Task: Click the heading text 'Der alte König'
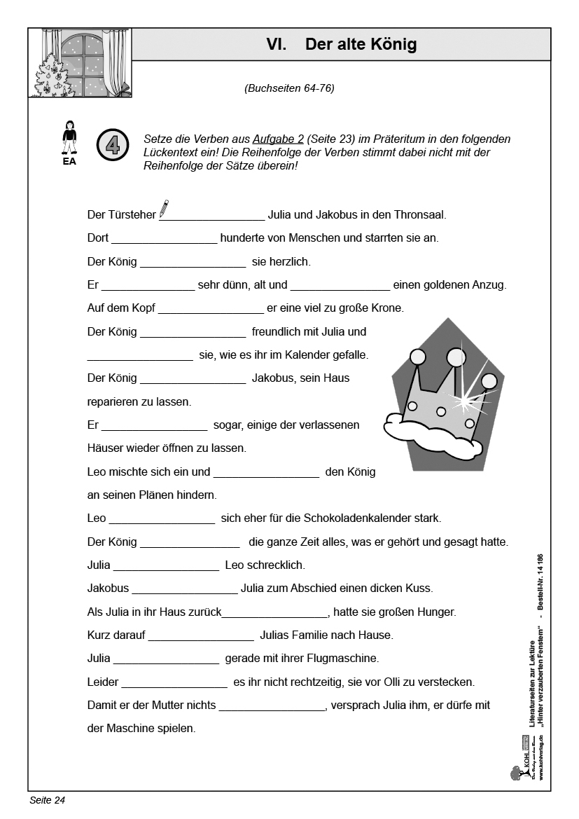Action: [361, 45]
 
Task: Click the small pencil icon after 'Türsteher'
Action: [164, 208]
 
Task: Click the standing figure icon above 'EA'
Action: [69, 137]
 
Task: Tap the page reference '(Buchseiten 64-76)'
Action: [289, 88]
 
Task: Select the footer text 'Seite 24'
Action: [47, 800]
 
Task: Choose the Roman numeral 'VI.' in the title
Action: [277, 45]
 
